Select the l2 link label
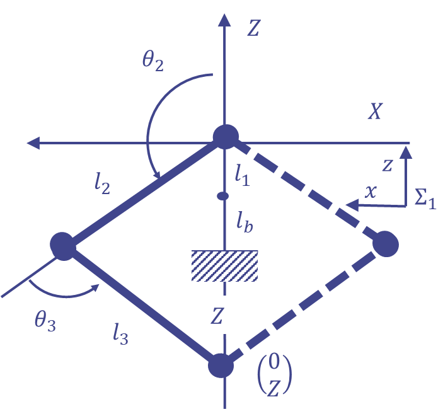101,183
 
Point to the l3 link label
120,335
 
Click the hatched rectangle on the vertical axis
225,265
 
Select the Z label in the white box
217,316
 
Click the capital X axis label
375,112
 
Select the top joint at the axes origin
225,136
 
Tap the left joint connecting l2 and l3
63,245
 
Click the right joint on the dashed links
385,244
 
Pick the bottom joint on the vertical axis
221,365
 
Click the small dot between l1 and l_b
222,196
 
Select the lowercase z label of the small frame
388,166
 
